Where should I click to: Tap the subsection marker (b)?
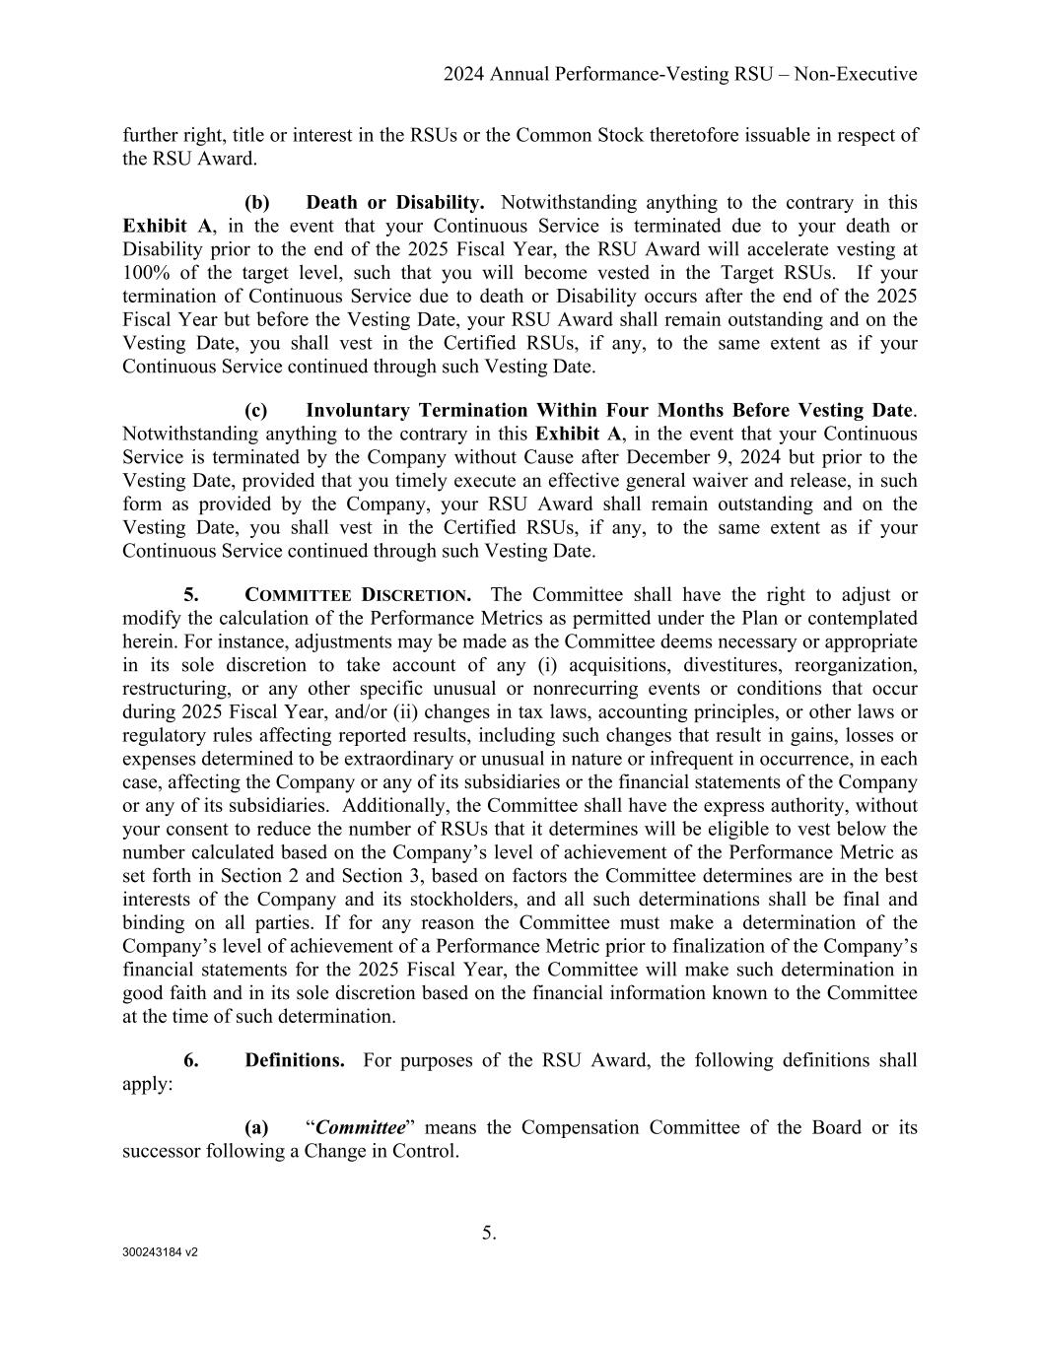(x=256, y=203)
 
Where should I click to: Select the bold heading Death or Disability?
(x=394, y=203)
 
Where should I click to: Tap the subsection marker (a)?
(x=256, y=1127)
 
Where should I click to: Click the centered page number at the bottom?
(x=489, y=1233)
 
